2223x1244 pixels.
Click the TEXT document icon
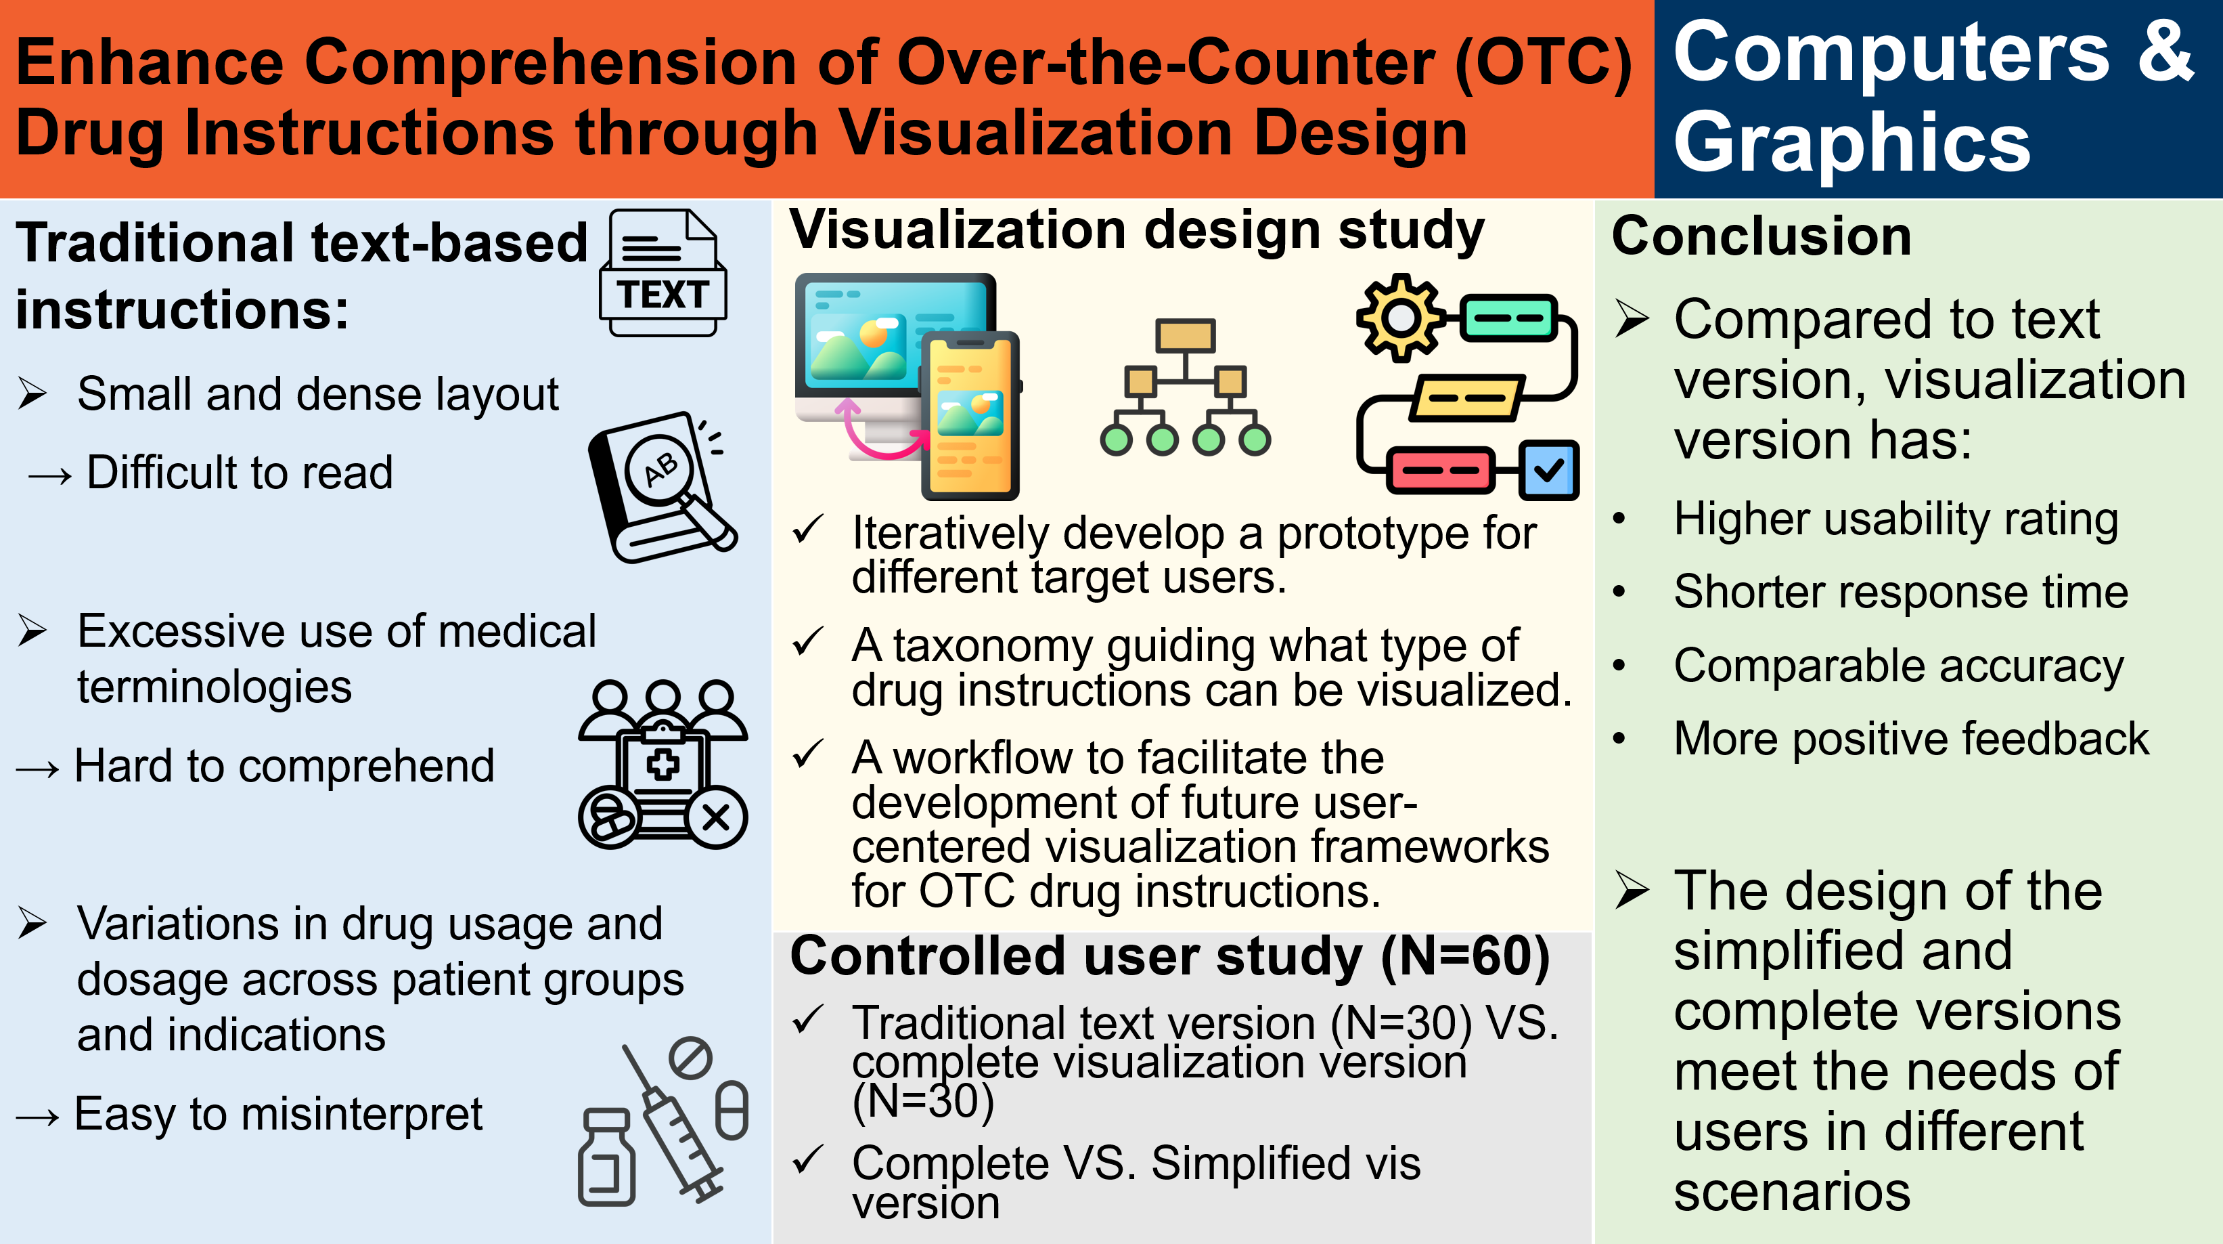tap(663, 273)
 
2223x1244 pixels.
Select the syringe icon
tap(673, 1122)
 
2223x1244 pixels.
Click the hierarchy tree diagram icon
tap(1185, 387)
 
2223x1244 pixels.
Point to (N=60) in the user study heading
tap(1464, 956)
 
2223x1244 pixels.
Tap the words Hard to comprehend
tap(284, 766)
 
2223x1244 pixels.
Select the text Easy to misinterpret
tap(278, 1114)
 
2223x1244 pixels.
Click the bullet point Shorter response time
tap(1900, 593)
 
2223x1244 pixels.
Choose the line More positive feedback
tap(1910, 739)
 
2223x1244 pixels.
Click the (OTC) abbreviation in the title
tap(1543, 63)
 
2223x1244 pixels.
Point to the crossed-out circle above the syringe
tap(690, 1058)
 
